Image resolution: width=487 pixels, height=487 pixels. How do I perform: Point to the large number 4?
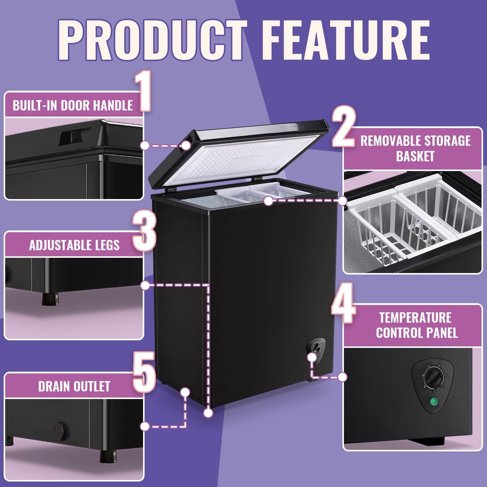tap(344, 303)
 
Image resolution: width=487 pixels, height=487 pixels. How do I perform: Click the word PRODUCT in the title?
tap(152, 40)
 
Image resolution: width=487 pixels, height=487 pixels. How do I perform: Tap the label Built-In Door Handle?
tap(73, 105)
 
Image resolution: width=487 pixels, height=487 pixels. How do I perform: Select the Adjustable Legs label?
tap(74, 245)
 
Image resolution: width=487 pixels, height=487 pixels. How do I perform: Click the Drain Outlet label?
tap(74, 386)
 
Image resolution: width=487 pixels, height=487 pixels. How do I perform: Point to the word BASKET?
tap(415, 156)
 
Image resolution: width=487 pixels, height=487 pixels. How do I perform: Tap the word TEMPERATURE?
tap(415, 317)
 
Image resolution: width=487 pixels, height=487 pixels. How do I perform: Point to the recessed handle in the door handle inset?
tap(75, 135)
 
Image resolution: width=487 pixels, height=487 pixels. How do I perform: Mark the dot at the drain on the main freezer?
tap(185, 392)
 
